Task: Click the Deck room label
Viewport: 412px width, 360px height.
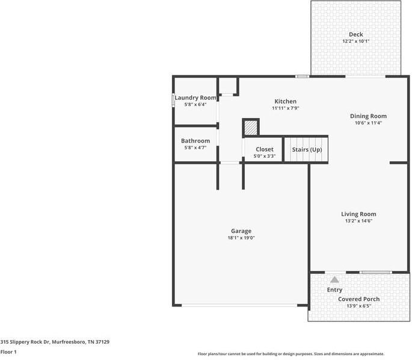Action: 356,34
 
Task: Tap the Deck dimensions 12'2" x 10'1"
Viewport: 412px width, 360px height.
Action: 356,42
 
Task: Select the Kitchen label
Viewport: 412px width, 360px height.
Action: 285,101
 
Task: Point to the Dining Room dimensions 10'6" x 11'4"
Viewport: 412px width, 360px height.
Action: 368,123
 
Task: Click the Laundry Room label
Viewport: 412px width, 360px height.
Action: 195,98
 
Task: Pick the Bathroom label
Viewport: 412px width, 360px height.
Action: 195,141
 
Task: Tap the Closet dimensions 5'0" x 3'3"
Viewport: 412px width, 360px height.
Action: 264,156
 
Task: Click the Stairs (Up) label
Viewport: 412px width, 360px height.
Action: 307,150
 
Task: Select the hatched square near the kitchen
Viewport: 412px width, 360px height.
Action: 251,128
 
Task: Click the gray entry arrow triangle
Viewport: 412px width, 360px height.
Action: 334,279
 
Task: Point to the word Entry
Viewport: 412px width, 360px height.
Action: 334,290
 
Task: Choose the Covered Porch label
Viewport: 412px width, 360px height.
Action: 358,299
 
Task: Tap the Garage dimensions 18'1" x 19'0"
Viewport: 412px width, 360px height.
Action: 241,238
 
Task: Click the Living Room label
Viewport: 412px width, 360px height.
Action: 358,214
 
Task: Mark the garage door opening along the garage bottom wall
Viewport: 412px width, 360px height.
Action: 239,305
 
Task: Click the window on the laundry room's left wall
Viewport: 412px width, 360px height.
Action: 173,100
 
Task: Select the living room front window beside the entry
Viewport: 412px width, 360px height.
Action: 375,272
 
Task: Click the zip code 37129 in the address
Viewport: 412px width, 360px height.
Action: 102,342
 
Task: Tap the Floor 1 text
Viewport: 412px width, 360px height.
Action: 8,352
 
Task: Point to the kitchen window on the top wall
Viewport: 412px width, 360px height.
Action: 302,76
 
